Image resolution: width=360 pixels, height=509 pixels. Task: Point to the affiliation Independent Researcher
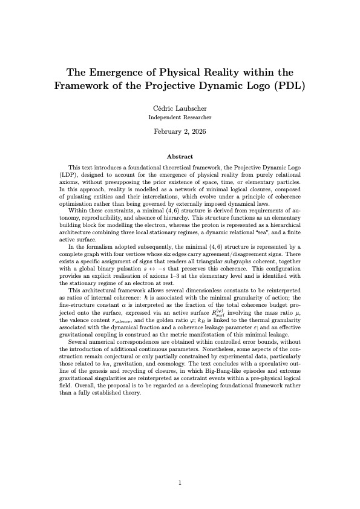coord(180,117)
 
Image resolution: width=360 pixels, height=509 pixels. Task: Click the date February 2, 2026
coord(180,131)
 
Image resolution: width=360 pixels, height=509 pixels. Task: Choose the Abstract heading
coord(180,156)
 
